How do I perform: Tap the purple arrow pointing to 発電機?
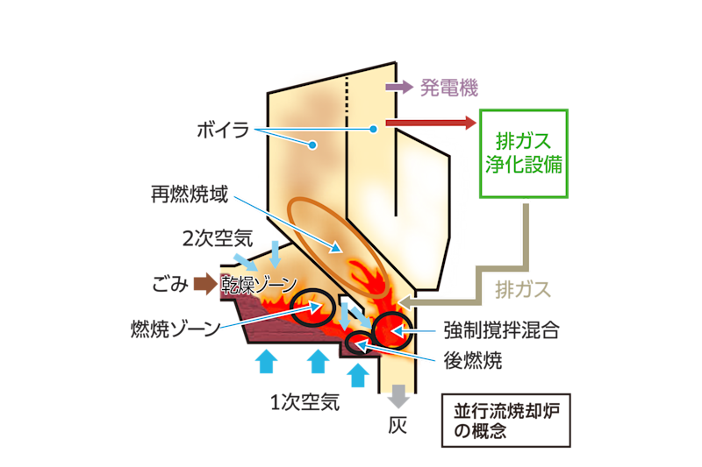point(400,88)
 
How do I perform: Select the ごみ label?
point(170,283)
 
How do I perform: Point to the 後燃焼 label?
point(474,360)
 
